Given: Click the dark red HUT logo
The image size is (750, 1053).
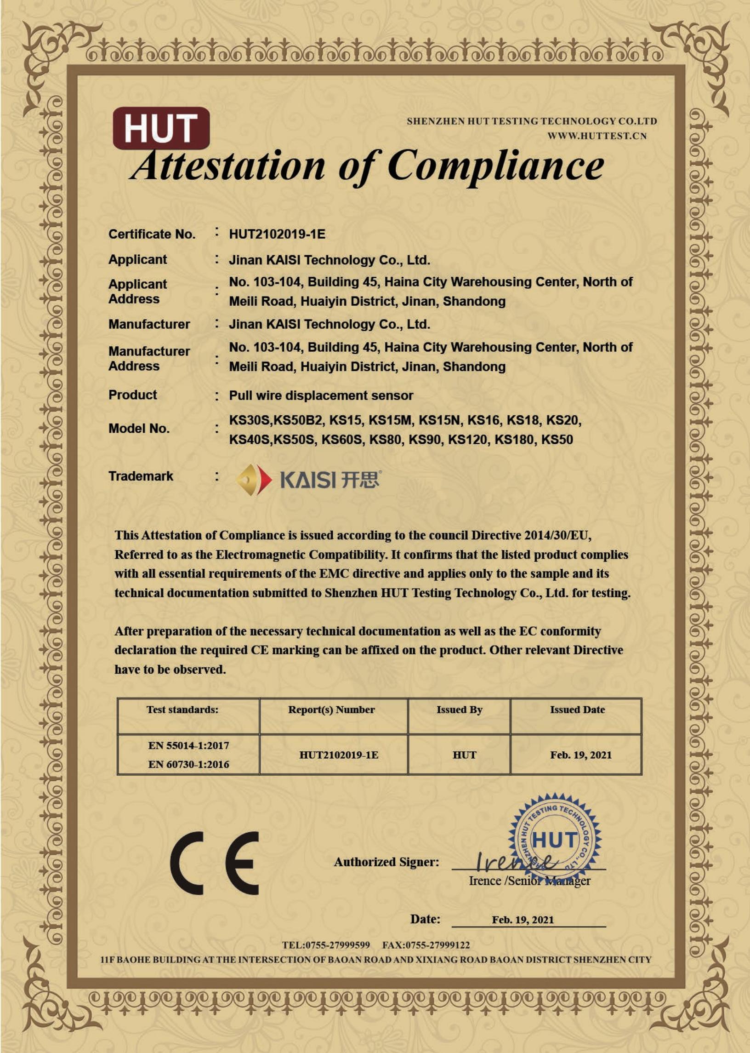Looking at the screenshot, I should coord(161,128).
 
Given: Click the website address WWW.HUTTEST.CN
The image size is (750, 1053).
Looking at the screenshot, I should coord(597,136).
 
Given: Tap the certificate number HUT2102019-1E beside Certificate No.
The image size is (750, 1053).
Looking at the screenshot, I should coord(277,234).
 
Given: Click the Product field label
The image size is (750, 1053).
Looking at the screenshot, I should coord(132,395).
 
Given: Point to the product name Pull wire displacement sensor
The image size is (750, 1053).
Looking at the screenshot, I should coord(321,395).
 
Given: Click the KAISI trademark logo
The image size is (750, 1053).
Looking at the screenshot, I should coord(309,480).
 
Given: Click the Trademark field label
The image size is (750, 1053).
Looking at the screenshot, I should coord(141,476).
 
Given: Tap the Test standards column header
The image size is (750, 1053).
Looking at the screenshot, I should coord(182,710).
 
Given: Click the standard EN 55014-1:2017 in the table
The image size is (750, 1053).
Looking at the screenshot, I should coord(188,745).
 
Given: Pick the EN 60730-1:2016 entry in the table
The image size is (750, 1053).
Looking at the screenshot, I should coord(188,764).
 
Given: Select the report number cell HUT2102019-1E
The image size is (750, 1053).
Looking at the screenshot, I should coord(339,755).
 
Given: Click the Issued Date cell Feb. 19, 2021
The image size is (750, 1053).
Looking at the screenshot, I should coord(580,755).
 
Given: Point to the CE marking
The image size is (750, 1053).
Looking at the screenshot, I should coord(214,863).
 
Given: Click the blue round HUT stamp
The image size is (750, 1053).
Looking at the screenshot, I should coord(555,839).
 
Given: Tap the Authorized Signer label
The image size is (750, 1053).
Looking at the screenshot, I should coord(386,862).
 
